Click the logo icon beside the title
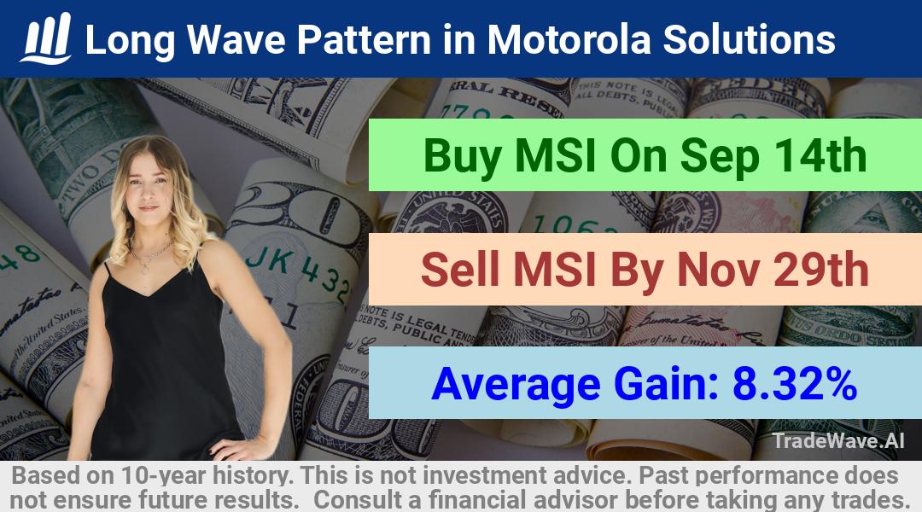(46, 38)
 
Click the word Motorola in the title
(569, 40)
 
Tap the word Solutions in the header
(750, 40)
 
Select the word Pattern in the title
(364, 40)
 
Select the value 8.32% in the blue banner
(794, 384)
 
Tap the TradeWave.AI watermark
(838, 440)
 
